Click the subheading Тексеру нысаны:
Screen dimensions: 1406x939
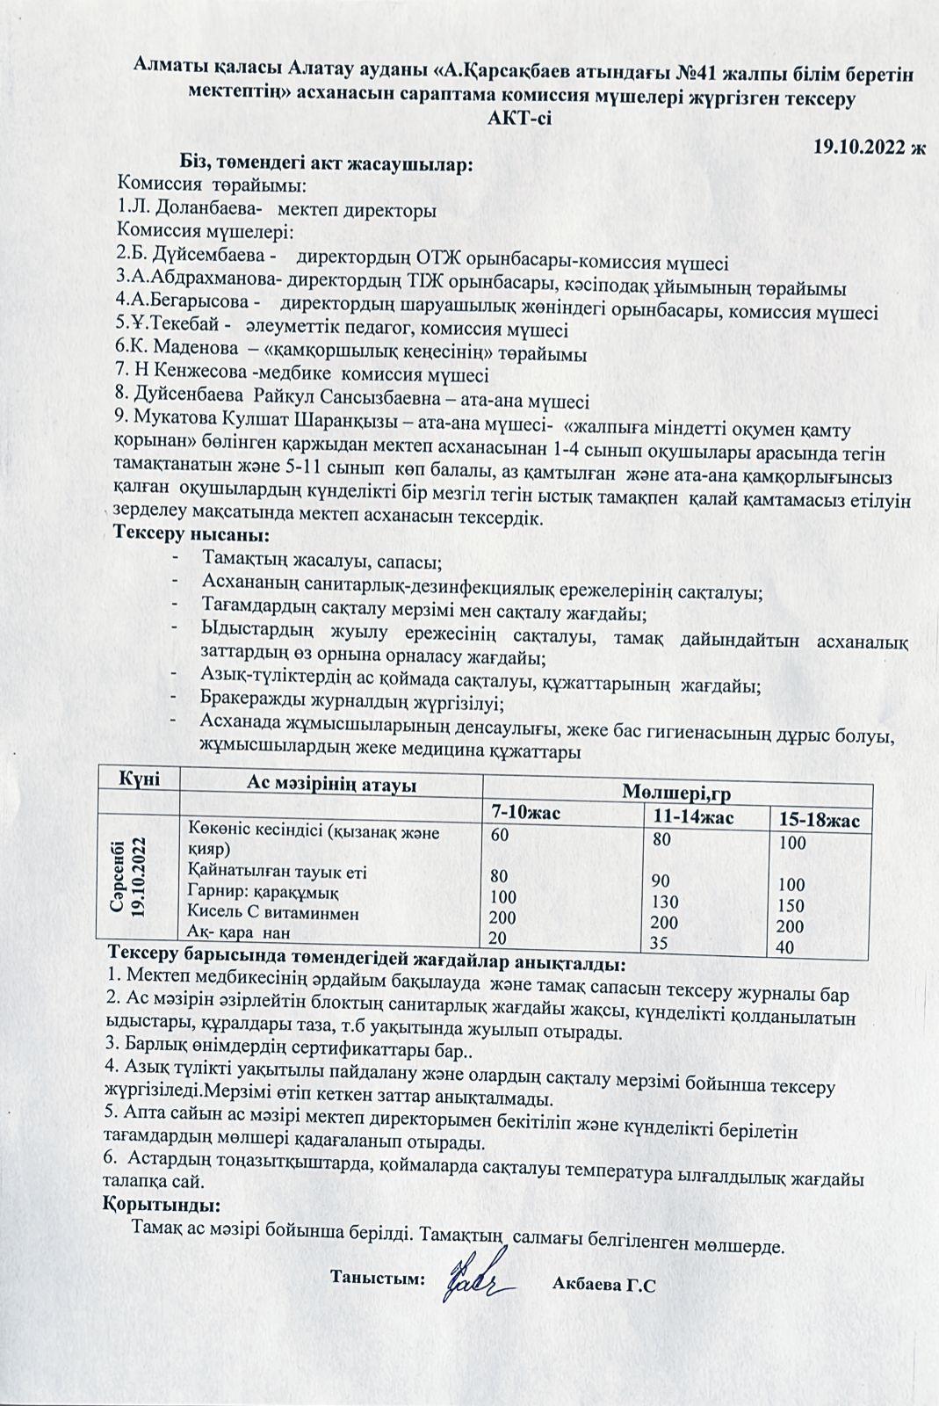pos(192,533)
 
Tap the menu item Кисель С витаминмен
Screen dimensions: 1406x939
pos(274,913)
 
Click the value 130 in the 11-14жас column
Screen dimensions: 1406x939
pos(667,901)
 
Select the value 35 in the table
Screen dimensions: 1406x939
pos(661,943)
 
